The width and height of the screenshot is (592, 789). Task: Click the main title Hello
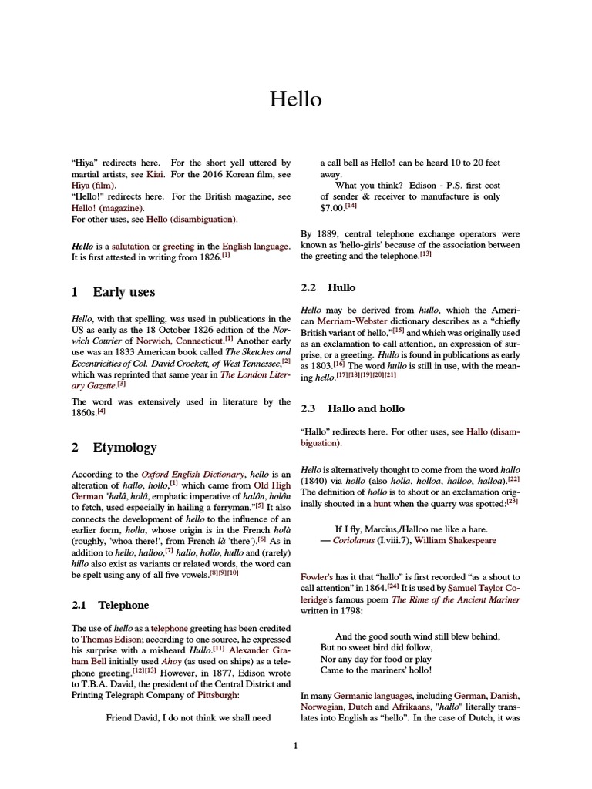295,99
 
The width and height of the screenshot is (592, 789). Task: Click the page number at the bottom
296,745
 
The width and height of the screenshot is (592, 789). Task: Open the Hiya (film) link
93,186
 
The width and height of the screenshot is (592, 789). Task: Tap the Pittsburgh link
218,693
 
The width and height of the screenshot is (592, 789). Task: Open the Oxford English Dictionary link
193,474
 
